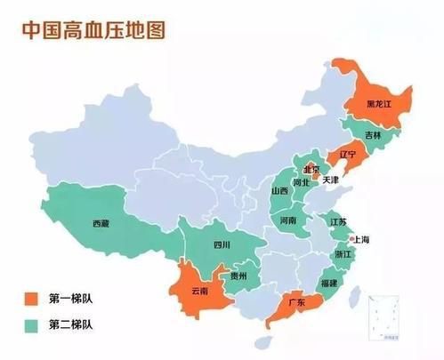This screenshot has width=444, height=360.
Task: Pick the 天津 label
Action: pyautogui.click(x=330, y=180)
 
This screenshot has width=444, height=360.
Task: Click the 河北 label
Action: pyautogui.click(x=303, y=184)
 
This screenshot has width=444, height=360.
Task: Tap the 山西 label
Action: pyautogui.click(x=279, y=191)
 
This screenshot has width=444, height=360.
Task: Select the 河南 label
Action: pyautogui.click(x=288, y=220)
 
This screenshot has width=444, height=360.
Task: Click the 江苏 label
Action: pyautogui.click(x=337, y=221)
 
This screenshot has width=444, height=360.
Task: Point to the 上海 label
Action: pyautogui.click(x=360, y=240)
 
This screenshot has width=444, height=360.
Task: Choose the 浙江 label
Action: pyautogui.click(x=343, y=254)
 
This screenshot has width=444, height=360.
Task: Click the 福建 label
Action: pyautogui.click(x=328, y=284)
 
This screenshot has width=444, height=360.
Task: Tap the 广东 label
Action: pyautogui.click(x=297, y=304)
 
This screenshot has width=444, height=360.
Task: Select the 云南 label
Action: pyautogui.click(x=199, y=291)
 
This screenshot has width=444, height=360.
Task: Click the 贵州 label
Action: pyautogui.click(x=238, y=276)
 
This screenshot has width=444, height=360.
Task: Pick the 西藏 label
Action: pyautogui.click(x=100, y=224)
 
